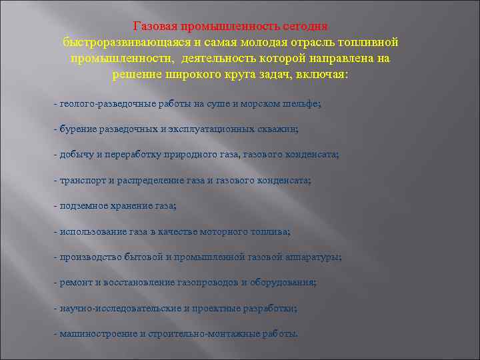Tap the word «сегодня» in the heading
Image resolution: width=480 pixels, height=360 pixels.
(303, 26)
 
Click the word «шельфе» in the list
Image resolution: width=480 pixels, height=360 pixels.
(302, 104)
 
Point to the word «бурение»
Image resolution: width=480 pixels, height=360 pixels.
(77, 129)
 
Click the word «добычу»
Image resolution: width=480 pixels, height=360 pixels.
(76, 155)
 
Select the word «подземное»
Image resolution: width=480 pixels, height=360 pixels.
(83, 206)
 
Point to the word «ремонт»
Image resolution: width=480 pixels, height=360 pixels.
(75, 282)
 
